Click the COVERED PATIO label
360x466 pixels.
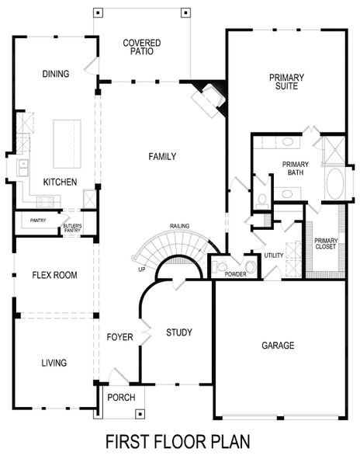pos(142,47)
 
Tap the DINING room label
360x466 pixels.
pos(56,74)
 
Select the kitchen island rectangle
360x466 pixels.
pos(67,144)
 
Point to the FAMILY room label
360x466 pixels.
pos(162,157)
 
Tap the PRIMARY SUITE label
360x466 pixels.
pos(286,82)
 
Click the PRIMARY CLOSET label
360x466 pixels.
pos(325,244)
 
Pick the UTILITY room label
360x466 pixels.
pos(273,255)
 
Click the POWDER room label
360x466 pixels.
pos(235,274)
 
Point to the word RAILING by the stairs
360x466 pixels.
pos(181,227)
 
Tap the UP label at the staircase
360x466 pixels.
pos(141,270)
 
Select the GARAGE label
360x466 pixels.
pos(277,345)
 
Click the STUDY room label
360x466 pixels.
pos(179,332)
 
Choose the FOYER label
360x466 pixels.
pos(120,337)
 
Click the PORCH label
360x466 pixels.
pos(122,397)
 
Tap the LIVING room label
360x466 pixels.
pos(54,363)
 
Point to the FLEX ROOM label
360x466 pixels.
pos(54,275)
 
